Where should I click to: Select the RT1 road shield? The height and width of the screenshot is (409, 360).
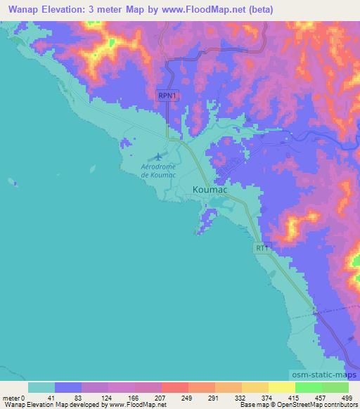click(262, 248)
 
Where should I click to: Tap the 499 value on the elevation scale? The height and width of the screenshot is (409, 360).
click(345, 397)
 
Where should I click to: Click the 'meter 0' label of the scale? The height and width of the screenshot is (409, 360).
click(14, 397)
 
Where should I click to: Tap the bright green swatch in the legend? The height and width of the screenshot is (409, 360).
click(309, 387)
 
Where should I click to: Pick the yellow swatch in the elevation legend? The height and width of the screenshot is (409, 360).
click(282, 387)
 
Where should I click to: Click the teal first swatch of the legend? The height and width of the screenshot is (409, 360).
click(41, 387)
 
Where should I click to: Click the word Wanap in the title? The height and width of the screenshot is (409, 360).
click(21, 10)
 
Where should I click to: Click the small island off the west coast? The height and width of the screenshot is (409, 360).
click(11, 181)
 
